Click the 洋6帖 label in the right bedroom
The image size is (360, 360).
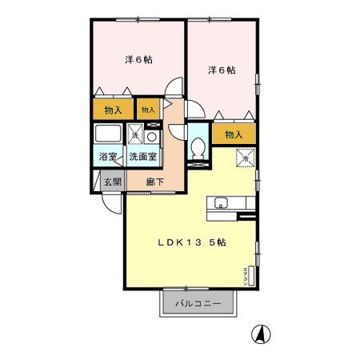pos(221,70)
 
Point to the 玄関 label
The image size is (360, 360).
pos(112,182)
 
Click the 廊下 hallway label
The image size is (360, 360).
pos(156,182)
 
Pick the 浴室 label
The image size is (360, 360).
pos(107,157)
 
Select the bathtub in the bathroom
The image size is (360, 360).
pos(107,134)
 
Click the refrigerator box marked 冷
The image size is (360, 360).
pos(242,158)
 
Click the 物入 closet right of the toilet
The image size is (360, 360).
pos(234,135)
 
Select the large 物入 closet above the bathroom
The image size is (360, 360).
pos(112,110)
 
